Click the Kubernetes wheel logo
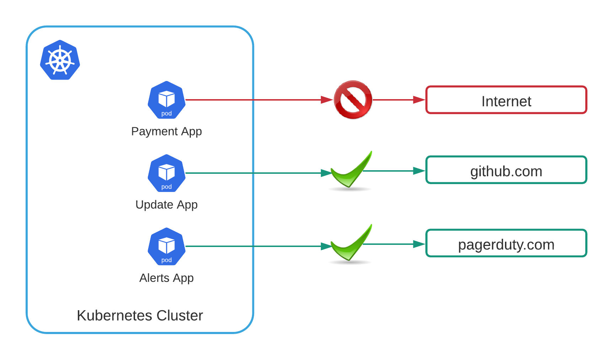tap(60, 60)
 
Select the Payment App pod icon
tap(166, 100)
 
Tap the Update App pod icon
tap(166, 173)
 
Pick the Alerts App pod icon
tap(166, 246)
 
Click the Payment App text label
tap(166, 131)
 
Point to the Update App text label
tap(166, 205)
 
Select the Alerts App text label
tap(166, 278)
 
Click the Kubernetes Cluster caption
tap(140, 316)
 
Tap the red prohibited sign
tap(353, 100)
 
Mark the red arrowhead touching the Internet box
tap(419, 100)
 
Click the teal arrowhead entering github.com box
tap(419, 171)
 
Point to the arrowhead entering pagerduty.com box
tap(419, 244)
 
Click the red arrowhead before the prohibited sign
tap(327, 100)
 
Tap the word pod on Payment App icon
tap(166, 114)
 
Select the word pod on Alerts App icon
tap(166, 260)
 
